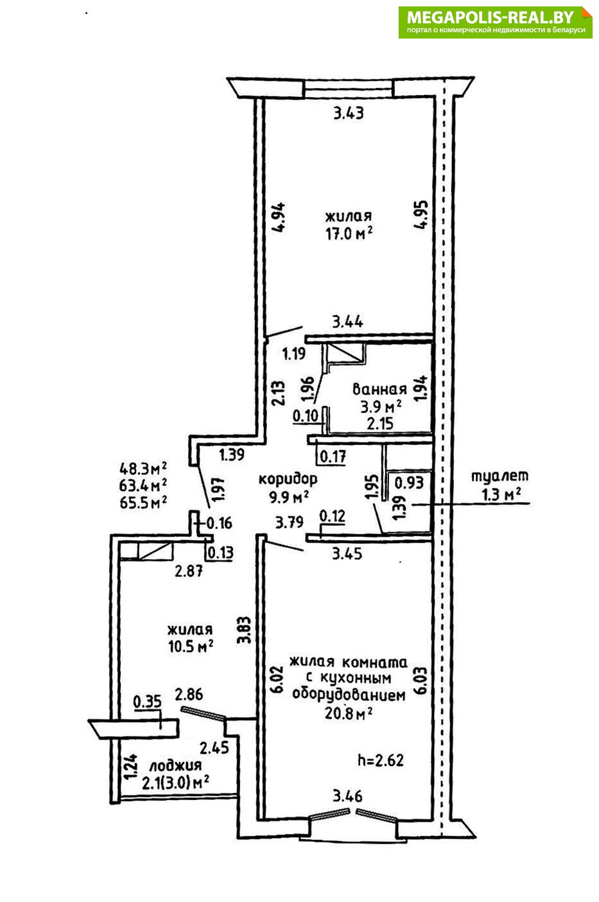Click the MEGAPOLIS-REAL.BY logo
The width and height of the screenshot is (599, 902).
(495, 22)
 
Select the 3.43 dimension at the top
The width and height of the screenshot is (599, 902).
(349, 114)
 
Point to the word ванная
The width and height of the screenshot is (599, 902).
(379, 389)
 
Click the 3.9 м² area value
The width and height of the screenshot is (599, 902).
(381, 406)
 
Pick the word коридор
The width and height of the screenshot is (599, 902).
(288, 479)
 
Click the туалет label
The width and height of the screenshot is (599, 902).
(499, 476)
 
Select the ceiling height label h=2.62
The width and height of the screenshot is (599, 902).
(380, 761)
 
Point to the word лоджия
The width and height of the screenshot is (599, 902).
(175, 765)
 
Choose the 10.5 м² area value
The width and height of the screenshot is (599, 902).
(191, 646)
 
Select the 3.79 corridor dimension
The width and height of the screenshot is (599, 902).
(289, 523)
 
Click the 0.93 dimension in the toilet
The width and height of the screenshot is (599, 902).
(408, 481)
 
